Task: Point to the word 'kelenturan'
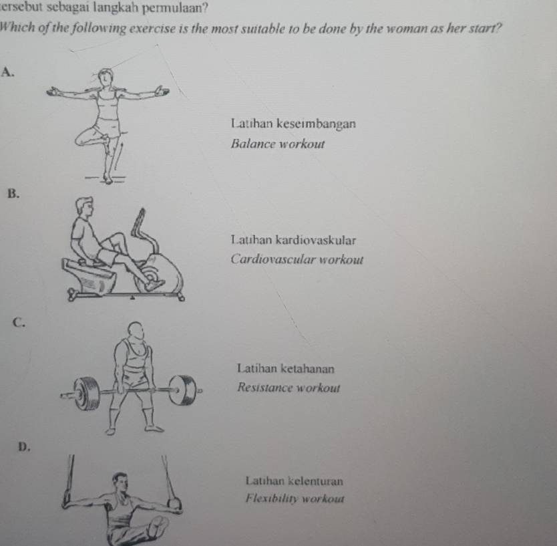click(x=314, y=480)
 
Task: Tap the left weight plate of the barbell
click(x=88, y=392)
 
